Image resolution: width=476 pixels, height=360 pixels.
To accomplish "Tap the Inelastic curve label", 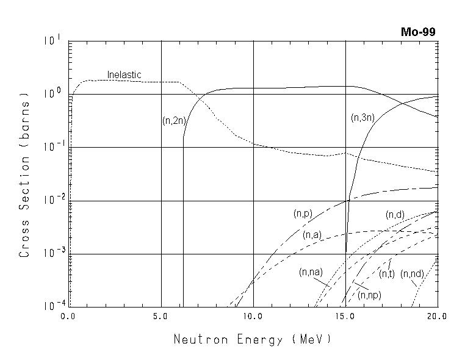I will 124,75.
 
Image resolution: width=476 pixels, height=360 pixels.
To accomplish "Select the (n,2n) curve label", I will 174,121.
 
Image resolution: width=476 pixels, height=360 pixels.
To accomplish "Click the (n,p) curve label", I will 303,214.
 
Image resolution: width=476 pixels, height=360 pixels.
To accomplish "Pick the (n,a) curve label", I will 312,234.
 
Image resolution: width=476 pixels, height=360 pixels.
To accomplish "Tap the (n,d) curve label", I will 395,215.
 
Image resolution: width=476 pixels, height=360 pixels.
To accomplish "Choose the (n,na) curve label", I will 311,272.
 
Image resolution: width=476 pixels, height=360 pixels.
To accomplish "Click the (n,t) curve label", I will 386,275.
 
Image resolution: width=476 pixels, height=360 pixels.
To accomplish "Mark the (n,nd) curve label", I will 412,274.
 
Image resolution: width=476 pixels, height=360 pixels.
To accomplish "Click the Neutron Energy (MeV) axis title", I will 253,339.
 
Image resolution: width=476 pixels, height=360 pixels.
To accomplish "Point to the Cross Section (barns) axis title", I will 24,175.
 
